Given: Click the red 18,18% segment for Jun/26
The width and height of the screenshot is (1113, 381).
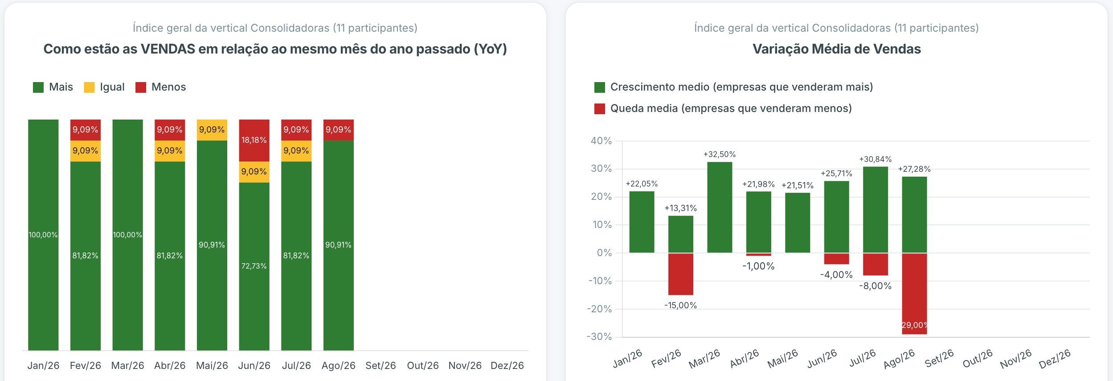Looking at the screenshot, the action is point(254,140).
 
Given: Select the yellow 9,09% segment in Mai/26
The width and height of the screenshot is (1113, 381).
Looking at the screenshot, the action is point(212,130).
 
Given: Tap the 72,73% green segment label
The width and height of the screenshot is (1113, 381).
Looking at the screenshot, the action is point(254,266).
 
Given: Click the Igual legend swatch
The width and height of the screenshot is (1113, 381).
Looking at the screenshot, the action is point(89,87).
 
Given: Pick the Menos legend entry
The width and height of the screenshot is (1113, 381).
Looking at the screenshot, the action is point(160,87).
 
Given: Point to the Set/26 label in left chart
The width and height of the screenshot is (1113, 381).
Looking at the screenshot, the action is point(381,365).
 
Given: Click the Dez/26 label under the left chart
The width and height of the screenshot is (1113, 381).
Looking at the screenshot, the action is point(507,365).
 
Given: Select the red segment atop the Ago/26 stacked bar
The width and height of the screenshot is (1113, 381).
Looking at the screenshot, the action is point(339,130).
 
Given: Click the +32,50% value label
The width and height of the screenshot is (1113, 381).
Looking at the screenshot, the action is point(720,154).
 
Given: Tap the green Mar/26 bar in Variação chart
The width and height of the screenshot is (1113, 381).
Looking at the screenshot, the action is point(720,207).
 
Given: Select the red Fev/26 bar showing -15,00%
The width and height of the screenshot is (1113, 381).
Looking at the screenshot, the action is point(680,274).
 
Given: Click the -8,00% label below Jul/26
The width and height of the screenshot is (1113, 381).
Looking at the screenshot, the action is point(875,286).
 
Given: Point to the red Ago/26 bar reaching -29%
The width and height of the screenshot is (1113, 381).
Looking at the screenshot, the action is point(914,294).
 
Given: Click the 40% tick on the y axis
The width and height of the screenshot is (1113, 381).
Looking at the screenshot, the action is point(601,141).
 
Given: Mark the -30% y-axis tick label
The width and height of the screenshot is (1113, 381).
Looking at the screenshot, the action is point(599,337).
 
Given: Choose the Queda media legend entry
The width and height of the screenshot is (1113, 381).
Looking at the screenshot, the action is point(723,108).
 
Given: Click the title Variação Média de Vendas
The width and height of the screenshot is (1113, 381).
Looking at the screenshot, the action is point(837,49).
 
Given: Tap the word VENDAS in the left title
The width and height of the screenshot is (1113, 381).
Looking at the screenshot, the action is point(168,49).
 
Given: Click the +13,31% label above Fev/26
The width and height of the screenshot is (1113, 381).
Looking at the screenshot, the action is point(680,208).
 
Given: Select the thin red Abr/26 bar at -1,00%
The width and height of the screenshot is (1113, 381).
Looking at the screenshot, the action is point(758,254).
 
